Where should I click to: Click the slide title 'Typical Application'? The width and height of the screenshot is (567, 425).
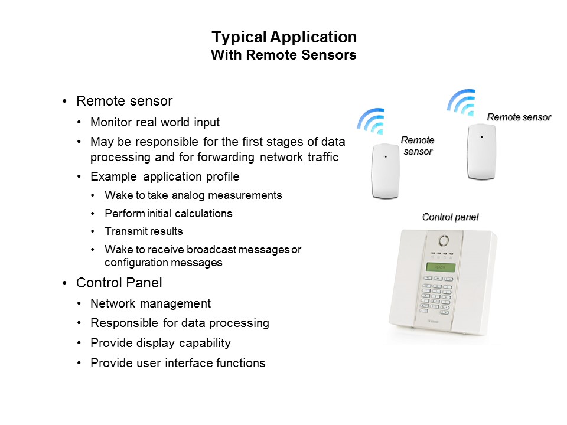284,37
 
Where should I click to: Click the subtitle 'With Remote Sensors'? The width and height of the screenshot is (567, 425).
284,55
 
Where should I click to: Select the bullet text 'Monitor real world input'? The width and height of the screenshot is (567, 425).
155,123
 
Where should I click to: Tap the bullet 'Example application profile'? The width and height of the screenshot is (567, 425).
165,176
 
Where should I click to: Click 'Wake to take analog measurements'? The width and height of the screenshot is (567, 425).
194,195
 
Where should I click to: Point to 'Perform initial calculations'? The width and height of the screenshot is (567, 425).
168,213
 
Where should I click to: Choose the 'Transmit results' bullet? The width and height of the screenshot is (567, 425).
144,231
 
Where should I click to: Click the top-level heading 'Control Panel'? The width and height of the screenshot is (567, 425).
119,283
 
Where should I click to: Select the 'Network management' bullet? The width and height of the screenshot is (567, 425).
151,303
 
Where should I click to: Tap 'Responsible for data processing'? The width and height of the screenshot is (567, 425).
180,323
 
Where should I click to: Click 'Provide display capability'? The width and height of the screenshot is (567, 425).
161,343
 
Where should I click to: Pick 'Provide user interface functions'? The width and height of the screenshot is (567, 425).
178,363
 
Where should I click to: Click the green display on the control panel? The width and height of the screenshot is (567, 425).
441,267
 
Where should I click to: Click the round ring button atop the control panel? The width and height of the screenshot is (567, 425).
444,240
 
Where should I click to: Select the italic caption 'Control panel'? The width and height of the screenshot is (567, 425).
450,217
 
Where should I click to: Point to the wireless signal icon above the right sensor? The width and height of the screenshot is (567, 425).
461,103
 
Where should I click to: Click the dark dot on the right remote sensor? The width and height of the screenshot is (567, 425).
482,137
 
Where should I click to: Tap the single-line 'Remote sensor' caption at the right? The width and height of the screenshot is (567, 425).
519,117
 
